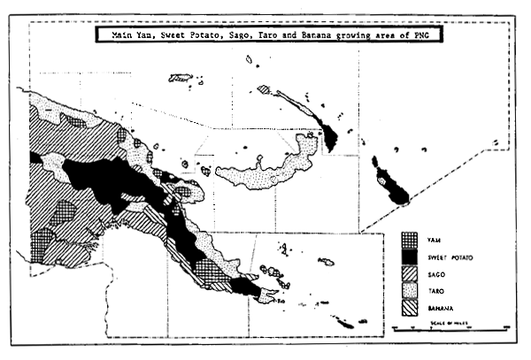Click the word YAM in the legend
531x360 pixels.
pos(433,240)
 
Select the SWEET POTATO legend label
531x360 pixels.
pos(445,257)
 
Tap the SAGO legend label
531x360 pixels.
pos(435,273)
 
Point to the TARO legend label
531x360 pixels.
pos(435,290)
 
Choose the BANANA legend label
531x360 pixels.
pos(438,307)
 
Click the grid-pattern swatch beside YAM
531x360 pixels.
pos(407,240)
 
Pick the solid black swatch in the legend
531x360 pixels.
pos(407,257)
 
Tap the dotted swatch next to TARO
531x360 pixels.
pos(407,290)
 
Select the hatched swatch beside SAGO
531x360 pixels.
pos(407,273)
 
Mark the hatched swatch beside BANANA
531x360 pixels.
pos(407,307)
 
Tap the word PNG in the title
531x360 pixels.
pos(430,36)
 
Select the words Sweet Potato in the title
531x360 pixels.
pos(196,36)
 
